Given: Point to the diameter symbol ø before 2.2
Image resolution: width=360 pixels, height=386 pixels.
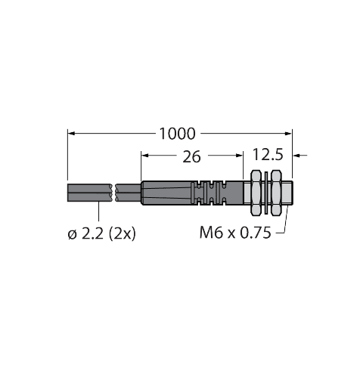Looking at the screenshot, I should (x=72, y=234).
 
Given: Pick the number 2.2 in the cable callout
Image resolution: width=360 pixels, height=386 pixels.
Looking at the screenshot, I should (x=92, y=234).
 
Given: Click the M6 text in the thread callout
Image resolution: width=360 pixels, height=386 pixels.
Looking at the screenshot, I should (x=210, y=234).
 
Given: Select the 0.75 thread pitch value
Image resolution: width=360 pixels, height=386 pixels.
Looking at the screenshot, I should (x=256, y=234).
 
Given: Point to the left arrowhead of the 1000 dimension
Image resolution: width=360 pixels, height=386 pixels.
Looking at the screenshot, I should (x=73, y=134).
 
